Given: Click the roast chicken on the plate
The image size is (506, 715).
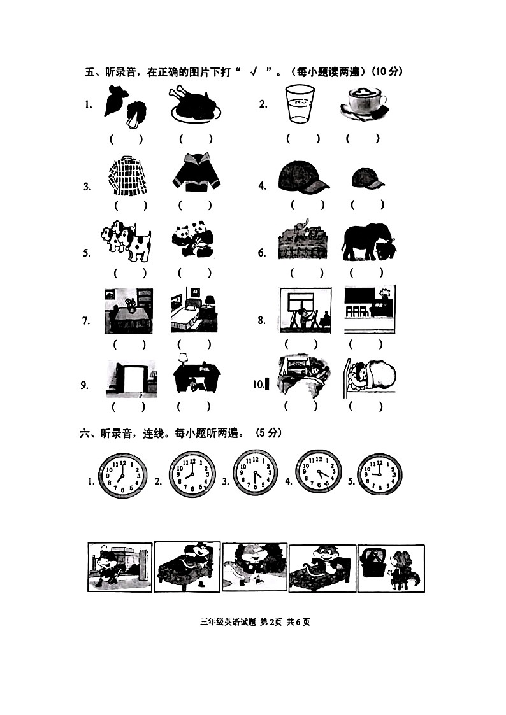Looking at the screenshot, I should click(x=195, y=104).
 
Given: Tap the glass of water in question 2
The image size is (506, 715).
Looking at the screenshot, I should click(x=298, y=104).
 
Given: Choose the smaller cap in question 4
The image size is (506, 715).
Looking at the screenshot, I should click(x=368, y=178).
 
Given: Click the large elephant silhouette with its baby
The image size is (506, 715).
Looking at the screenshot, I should click(x=368, y=243).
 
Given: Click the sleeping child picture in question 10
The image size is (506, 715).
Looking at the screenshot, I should click(x=370, y=376).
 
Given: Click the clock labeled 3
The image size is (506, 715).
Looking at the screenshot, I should click(x=255, y=474).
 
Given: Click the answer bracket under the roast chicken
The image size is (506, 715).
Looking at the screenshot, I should click(x=196, y=138).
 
